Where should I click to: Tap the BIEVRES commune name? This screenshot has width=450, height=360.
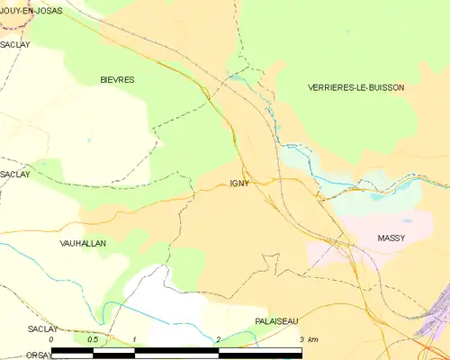pyautogui.click(x=117, y=80)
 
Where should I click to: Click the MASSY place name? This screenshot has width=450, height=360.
pyautogui.click(x=391, y=238)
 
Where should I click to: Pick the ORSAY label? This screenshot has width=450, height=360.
pyautogui.click(x=14, y=355)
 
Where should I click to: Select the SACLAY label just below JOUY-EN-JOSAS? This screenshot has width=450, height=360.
pyautogui.click(x=14, y=43)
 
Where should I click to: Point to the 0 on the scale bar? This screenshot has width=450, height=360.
pyautogui.click(x=52, y=339)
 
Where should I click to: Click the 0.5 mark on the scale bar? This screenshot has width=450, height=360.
pyautogui.click(x=93, y=339)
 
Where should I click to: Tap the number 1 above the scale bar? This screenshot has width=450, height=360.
pyautogui.click(x=134, y=339)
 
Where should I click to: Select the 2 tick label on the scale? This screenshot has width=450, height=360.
pyautogui.click(x=218, y=339)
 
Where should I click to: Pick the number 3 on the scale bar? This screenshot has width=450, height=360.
pyautogui.click(x=301, y=339)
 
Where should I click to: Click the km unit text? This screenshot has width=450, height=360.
pyautogui.click(x=312, y=339)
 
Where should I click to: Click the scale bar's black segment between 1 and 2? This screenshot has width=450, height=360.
pyautogui.click(x=176, y=351)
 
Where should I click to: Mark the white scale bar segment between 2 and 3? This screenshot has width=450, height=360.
pyautogui.click(x=259, y=351)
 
